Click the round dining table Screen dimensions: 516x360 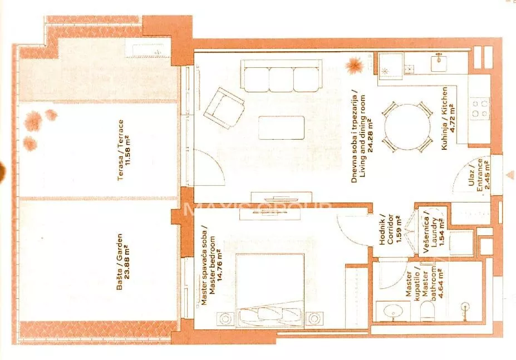coord(407,127)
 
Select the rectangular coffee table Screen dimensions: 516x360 coord(281,127)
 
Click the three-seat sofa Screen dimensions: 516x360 coord(281,76)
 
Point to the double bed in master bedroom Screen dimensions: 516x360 coord(270,290)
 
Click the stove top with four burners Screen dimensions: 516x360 coord(480,109)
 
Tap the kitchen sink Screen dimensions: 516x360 coord(439,63)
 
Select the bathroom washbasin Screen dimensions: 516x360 coord(392,311)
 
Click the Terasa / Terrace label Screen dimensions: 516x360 coord(121,150)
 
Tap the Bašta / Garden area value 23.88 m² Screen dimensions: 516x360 coord(127,262)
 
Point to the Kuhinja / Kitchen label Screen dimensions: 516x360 coord(445,119)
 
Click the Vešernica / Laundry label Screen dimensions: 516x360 coord(430,231)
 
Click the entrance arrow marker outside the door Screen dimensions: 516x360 coord(510,175)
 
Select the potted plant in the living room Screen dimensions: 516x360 coord(354,65)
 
